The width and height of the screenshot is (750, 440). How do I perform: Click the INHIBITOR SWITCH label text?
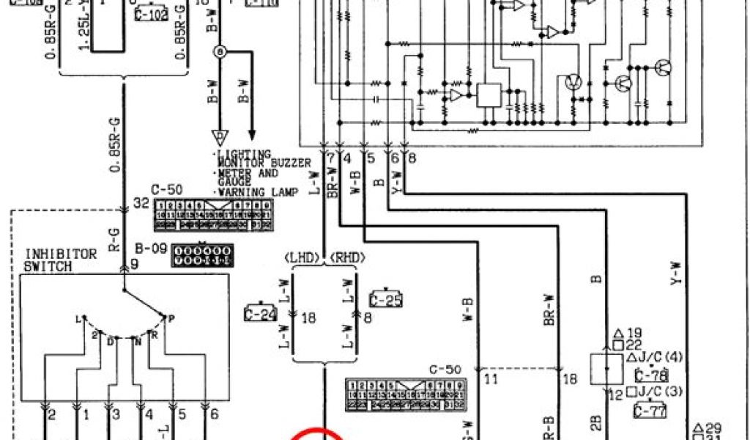tap(61, 260)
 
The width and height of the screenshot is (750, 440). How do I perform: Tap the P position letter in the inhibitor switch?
tap(171, 318)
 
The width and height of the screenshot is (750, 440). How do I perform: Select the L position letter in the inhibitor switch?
tap(77, 319)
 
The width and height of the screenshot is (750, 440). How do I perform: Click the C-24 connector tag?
tap(260, 314)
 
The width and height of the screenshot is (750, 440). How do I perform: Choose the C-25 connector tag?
tap(386, 299)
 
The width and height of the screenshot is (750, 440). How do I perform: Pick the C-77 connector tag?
tap(650, 411)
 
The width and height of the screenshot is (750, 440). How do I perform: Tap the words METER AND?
tap(248, 173)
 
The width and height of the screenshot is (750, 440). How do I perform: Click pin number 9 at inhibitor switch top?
tap(134, 265)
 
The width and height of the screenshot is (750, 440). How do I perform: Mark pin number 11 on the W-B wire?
tap(491, 379)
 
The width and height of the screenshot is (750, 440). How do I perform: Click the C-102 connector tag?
tap(152, 15)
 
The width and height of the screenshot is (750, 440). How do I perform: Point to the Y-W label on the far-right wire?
tap(675, 273)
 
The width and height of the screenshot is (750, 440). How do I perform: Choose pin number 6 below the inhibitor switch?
tap(214, 415)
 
